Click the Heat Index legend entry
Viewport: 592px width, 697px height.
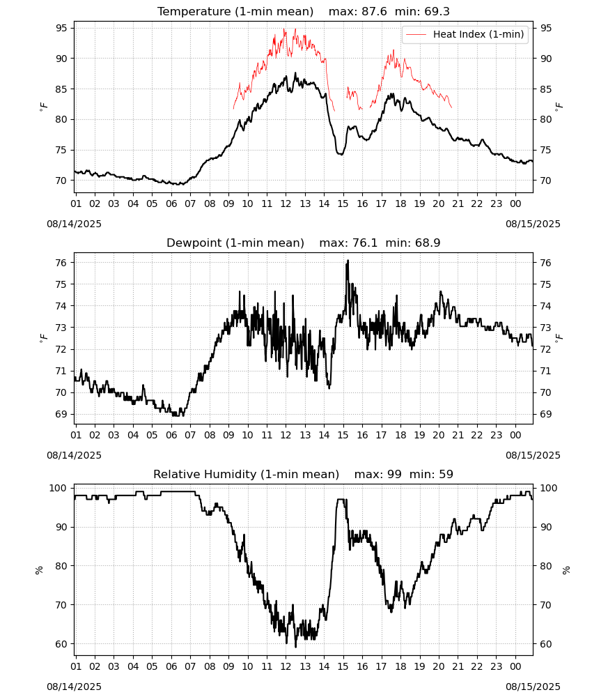coord(465,34)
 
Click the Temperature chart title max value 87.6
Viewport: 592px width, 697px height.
coord(375,11)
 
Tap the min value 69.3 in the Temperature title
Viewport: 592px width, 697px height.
coord(437,11)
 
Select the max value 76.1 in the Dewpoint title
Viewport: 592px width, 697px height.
coord(365,243)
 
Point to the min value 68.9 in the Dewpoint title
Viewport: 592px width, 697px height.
coord(428,243)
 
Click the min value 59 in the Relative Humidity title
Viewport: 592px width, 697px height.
coord(446,474)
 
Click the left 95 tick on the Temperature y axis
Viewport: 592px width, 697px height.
coord(61,28)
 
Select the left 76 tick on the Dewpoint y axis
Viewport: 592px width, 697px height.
coord(61,263)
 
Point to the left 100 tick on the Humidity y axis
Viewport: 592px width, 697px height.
coord(59,488)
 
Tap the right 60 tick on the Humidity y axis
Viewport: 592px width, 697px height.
coord(545,644)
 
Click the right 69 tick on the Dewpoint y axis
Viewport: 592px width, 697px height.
coord(545,414)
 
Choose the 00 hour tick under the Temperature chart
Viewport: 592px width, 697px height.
coord(515,204)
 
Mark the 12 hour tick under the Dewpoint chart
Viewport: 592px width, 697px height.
coord(286,435)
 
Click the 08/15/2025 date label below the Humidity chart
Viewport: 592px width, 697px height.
coord(533,687)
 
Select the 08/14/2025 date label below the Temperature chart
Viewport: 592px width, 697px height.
coord(74,224)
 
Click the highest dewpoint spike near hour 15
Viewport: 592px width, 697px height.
coord(348,261)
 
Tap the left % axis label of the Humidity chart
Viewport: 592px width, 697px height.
coord(39,570)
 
